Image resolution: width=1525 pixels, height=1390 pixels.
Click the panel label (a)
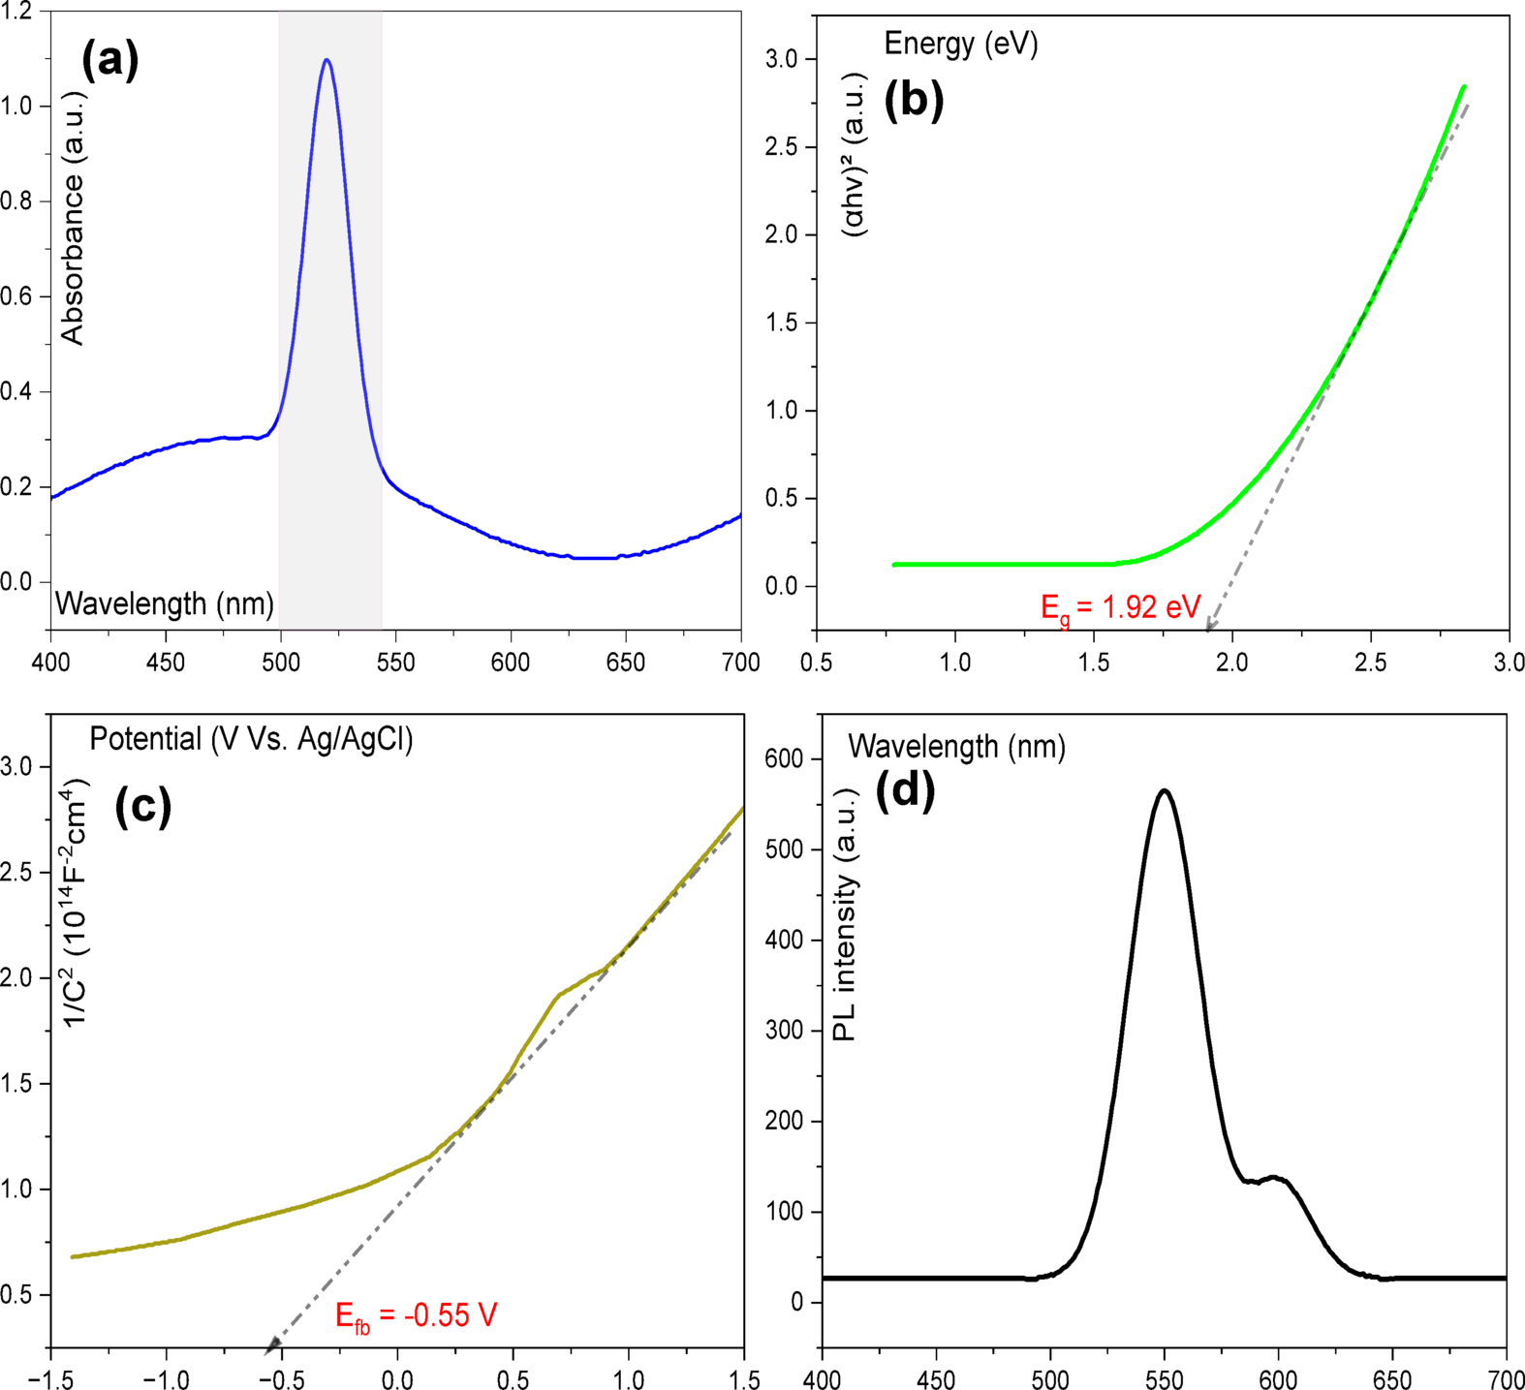coord(110,60)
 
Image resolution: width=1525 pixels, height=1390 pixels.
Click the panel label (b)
coord(914,101)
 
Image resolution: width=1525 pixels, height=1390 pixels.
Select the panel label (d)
coord(905,791)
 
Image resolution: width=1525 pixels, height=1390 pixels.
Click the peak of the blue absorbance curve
coord(327,60)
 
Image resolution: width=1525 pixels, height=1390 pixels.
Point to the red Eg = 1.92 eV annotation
coord(1120,608)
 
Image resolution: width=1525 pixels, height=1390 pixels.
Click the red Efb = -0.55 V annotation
coord(416,1315)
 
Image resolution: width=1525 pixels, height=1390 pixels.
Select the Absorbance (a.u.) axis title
coord(73,219)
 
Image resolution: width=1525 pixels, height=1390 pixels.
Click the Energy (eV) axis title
coord(960,44)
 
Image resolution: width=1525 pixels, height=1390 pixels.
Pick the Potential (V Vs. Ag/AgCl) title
coord(251,739)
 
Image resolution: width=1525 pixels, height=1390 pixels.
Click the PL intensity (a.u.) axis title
coord(845,913)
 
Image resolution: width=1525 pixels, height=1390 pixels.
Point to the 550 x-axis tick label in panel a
coord(395,663)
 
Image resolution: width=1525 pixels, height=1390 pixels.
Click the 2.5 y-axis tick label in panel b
coord(782,147)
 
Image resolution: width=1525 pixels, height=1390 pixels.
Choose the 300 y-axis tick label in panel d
coord(784,1031)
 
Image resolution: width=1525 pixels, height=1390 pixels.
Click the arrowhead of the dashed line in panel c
coord(272,1344)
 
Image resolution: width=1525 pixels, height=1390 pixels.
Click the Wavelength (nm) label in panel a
coord(165,604)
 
